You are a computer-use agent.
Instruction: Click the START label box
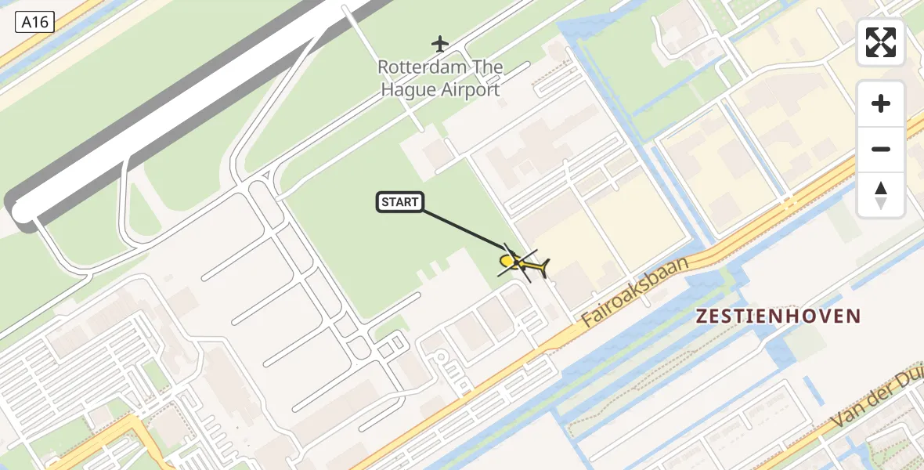[400, 202]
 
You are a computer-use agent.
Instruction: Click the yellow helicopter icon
[522, 263]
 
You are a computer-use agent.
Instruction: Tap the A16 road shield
[34, 22]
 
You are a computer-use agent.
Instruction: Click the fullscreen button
[881, 42]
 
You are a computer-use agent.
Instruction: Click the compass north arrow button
[881, 195]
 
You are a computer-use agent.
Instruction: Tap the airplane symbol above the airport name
[441, 42]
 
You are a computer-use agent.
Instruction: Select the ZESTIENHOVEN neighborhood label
[778, 316]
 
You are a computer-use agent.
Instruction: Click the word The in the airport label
[488, 67]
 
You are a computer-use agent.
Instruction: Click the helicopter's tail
[542, 269]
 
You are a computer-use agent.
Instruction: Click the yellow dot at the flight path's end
[507, 261]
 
